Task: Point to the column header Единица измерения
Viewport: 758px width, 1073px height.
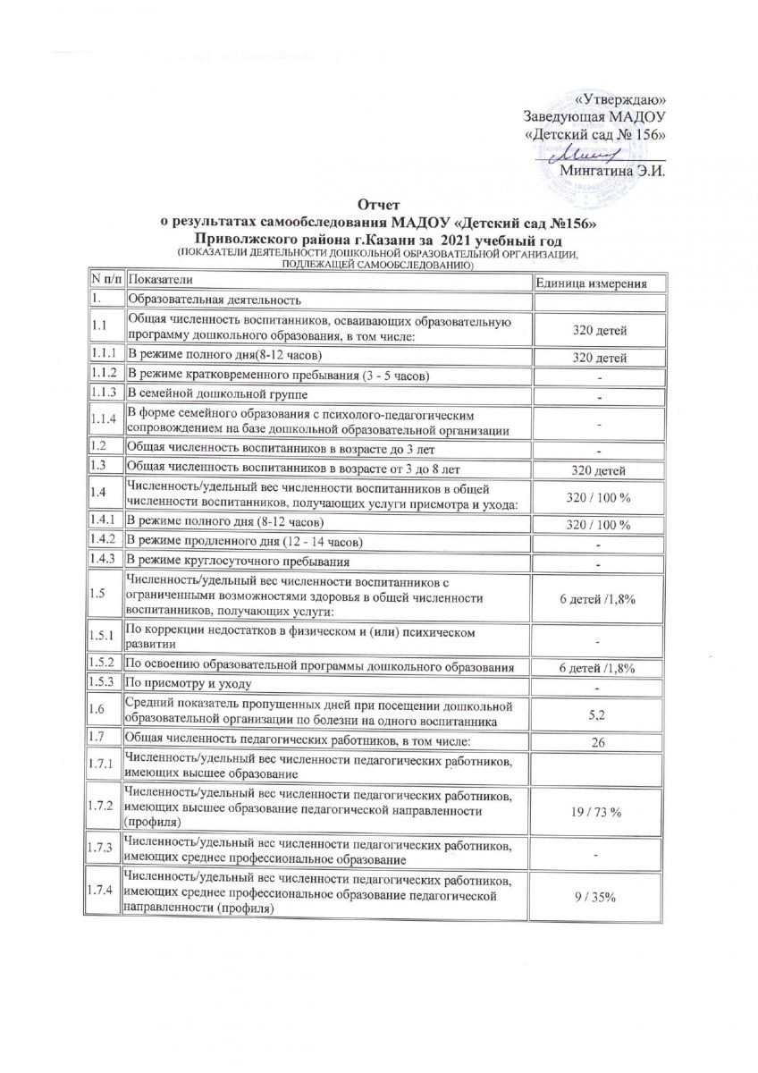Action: pos(598,283)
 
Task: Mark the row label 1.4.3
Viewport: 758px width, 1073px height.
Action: pos(103,561)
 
